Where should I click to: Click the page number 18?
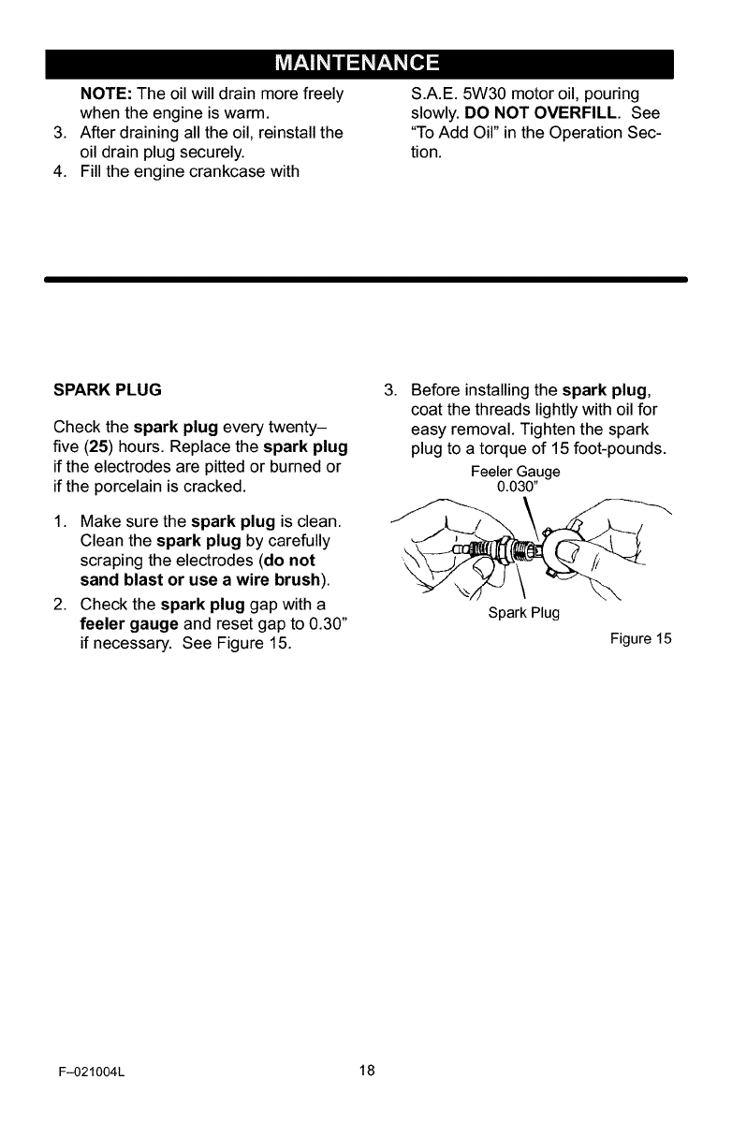366,1071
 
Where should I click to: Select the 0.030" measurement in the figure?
516,488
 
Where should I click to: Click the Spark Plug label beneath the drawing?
522,612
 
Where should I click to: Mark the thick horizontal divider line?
366,278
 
